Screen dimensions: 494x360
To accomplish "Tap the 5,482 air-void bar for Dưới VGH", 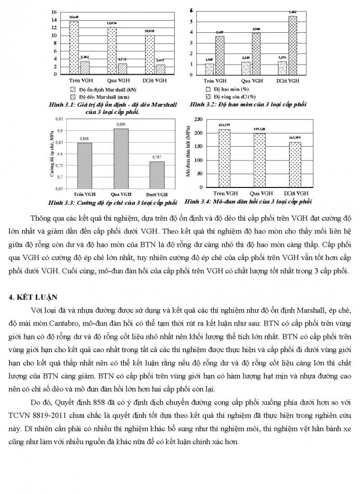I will tap(292, 45).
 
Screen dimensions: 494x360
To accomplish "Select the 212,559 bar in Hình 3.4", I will tap(225, 158).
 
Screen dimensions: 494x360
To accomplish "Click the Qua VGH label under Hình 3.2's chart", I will tap(252, 81).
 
